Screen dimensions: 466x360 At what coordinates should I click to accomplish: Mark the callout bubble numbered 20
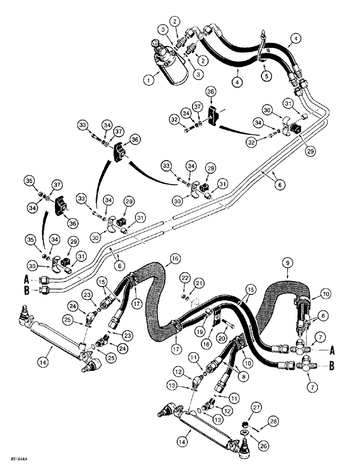click(x=235, y=335)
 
